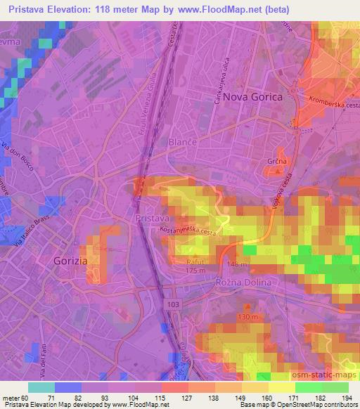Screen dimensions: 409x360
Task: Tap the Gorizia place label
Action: [70, 260]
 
